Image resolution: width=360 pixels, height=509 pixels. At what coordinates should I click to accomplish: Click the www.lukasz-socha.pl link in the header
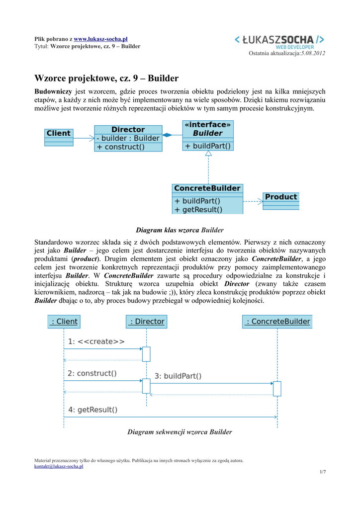(x=101, y=39)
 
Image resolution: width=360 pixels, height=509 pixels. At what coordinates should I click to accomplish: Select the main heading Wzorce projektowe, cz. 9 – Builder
(x=106, y=79)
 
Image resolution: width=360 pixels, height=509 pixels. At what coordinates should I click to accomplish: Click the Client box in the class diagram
(x=59, y=133)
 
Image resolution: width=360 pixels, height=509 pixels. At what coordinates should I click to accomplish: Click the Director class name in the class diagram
(x=128, y=129)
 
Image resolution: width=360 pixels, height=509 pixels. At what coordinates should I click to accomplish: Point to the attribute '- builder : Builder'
(x=128, y=138)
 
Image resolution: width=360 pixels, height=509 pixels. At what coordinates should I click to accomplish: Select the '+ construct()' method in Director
(x=121, y=147)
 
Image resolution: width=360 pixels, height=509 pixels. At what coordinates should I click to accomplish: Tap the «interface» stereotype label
(x=208, y=125)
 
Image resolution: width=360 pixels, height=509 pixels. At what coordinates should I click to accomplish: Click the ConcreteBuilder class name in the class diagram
(x=207, y=188)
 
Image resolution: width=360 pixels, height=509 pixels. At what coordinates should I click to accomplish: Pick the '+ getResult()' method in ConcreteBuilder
(x=198, y=210)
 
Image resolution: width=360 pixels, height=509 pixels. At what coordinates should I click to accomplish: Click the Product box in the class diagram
(x=280, y=197)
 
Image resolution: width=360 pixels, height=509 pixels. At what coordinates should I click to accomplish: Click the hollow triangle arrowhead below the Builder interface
(x=208, y=154)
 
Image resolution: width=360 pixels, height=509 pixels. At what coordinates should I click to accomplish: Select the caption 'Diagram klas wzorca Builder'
(x=180, y=230)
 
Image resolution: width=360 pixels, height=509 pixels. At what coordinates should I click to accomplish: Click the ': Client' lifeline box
(x=64, y=322)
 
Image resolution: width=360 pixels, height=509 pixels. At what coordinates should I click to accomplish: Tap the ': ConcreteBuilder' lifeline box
(x=277, y=322)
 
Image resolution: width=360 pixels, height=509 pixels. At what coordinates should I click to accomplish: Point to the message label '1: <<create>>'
(x=96, y=342)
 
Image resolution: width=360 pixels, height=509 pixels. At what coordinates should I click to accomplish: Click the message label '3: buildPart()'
(x=178, y=376)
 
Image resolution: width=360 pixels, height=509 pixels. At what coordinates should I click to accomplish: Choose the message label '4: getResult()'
(x=92, y=410)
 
